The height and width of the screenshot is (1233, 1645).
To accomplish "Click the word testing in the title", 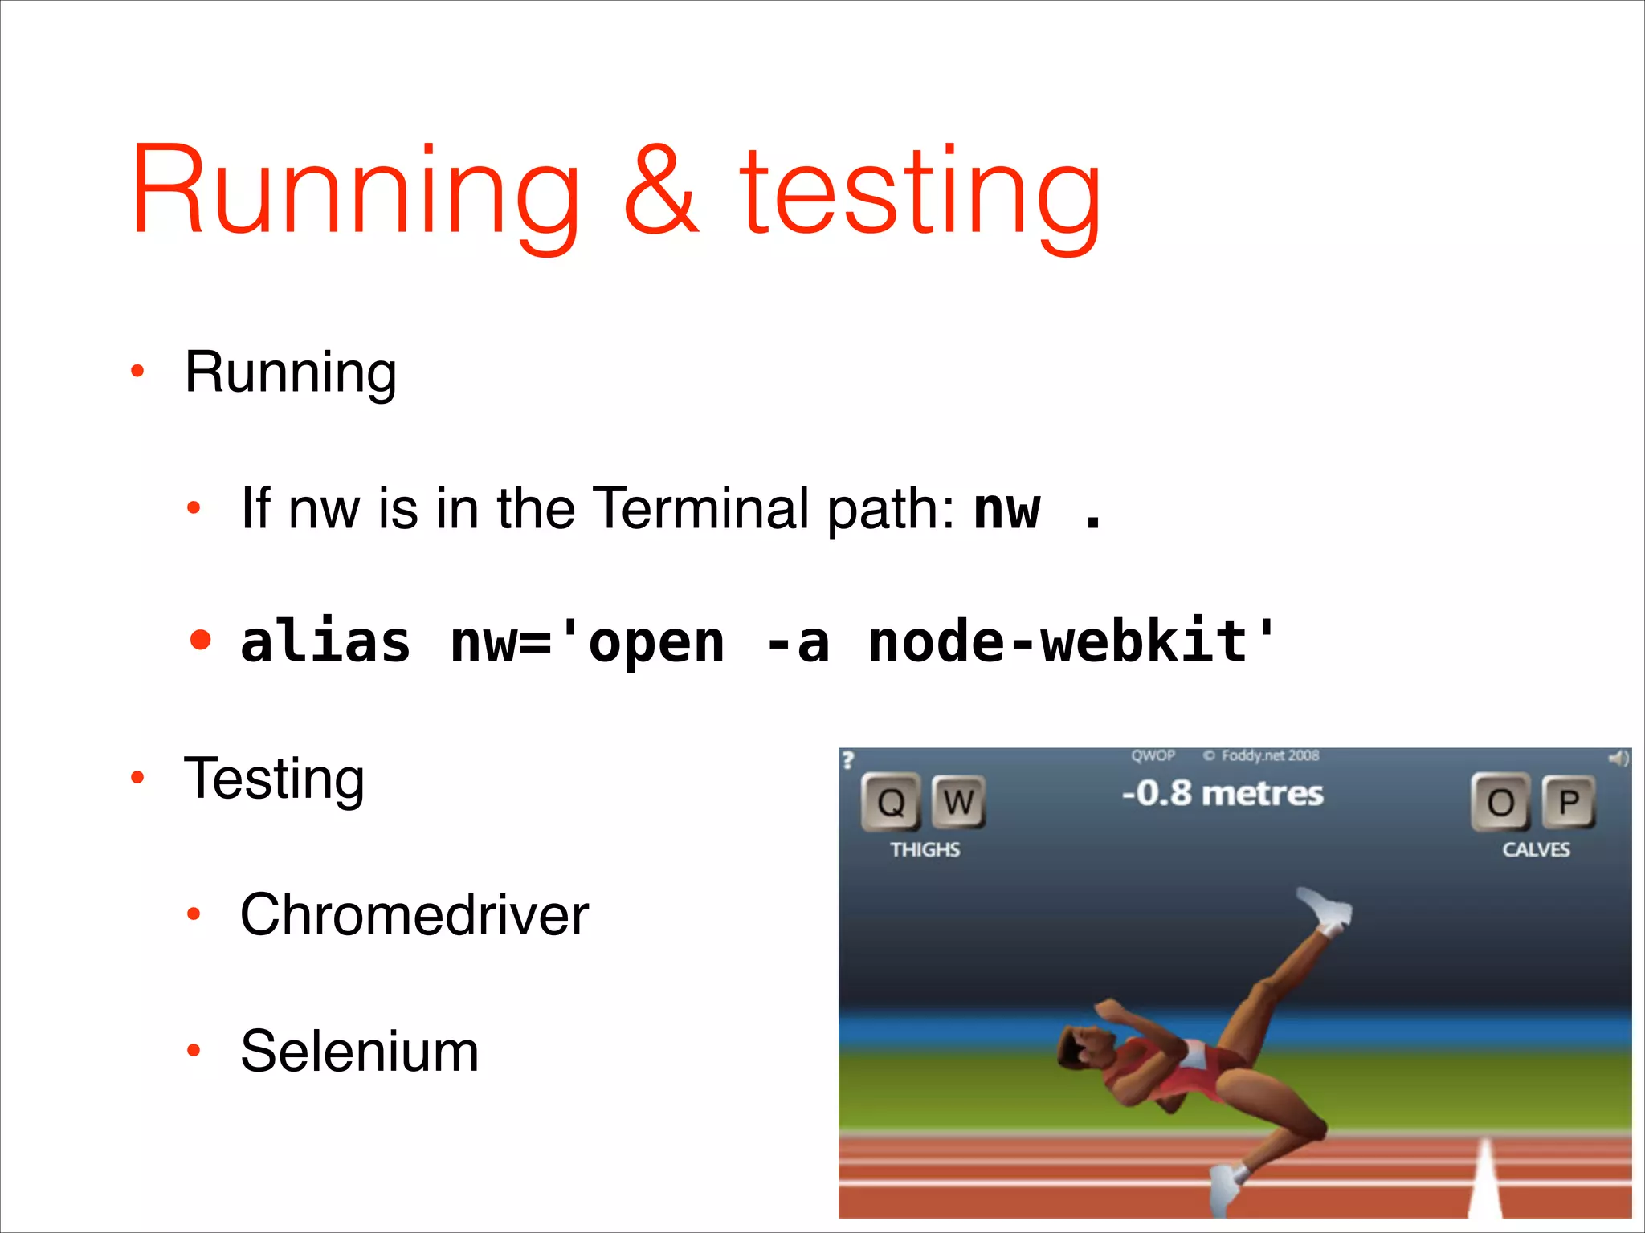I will [920, 197].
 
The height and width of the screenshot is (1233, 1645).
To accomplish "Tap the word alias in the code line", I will [325, 642].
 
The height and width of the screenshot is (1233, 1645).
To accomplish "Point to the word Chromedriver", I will [414, 914].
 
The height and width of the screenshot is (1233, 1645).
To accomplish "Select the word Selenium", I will [359, 1051].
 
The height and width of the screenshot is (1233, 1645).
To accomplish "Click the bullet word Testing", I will [274, 779].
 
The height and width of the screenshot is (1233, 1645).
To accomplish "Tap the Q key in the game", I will [891, 802].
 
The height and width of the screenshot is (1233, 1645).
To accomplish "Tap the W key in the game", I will [958, 802].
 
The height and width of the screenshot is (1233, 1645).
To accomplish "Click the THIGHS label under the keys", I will [925, 849].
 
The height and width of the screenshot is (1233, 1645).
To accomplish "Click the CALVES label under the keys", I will [1536, 849].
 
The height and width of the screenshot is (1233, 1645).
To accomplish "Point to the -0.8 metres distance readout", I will [1222, 793].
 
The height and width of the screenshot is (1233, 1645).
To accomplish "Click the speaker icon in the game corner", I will [1618, 758].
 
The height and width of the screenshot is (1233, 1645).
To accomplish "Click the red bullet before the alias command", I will [201, 641].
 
